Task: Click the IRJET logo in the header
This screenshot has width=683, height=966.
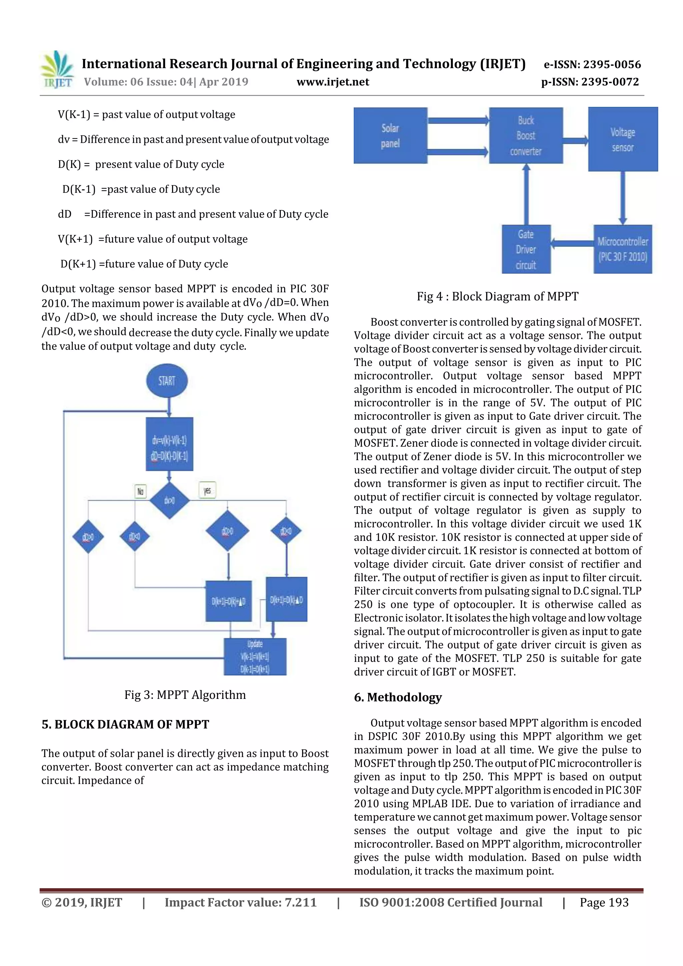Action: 57,69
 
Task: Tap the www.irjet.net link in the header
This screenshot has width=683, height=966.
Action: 332,82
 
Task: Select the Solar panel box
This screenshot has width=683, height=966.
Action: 390,135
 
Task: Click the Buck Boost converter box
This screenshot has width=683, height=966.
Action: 526,135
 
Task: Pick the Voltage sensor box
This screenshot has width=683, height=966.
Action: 622,139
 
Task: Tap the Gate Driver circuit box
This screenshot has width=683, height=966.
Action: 526,249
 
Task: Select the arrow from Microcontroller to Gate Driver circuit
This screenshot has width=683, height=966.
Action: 572,243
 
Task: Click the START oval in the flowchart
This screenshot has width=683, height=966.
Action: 167,381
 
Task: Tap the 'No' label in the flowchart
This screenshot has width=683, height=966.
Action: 140,491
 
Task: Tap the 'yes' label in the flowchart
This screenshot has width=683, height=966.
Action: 207,490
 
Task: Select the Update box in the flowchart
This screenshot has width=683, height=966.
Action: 255,656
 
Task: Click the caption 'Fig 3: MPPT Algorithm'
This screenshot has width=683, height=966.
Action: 185,695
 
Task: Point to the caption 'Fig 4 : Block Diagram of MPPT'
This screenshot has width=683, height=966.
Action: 498,297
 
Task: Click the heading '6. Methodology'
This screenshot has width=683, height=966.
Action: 398,698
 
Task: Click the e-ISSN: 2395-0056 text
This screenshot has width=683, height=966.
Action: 592,64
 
